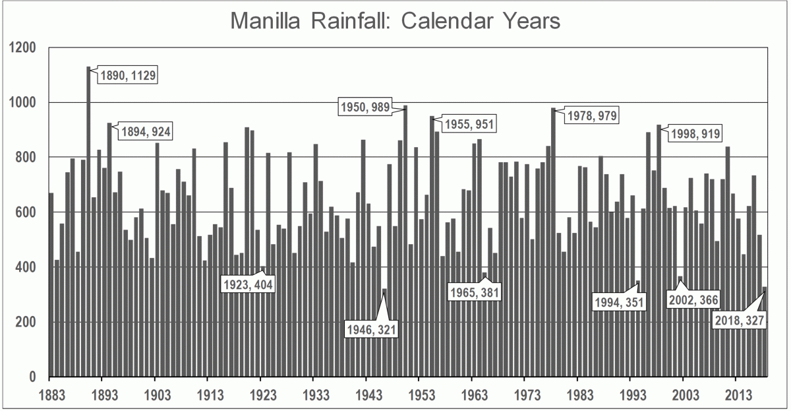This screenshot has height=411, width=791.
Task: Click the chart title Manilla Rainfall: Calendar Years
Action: point(395,21)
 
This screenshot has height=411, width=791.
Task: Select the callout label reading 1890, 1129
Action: point(128,75)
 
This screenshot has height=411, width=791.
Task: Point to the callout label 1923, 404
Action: point(247,286)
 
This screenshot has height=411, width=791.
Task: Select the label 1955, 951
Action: point(469,123)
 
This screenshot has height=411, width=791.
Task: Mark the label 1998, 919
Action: point(695,134)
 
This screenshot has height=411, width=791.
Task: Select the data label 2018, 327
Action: point(741,321)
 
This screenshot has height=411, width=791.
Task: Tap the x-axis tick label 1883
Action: point(49,395)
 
